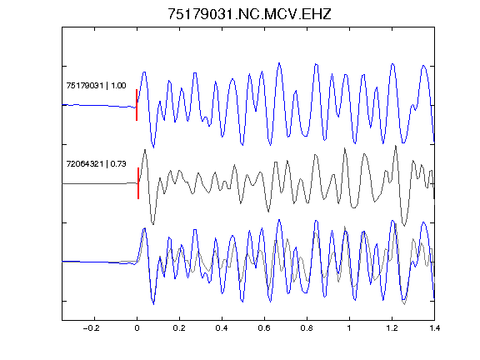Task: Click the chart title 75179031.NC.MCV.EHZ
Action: click(249, 14)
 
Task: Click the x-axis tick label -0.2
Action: click(91, 328)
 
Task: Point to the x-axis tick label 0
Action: click(137, 328)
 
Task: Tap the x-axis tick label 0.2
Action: click(179, 328)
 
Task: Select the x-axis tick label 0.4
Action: click(222, 328)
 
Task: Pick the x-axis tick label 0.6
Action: click(264, 328)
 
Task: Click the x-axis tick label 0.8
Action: click(307, 328)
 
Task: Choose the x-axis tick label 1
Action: click(349, 328)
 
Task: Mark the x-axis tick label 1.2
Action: click(392, 328)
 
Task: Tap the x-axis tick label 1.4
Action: click(434, 328)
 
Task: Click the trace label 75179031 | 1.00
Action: click(96, 85)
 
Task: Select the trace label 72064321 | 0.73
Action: click(96, 164)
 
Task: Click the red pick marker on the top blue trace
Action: click(137, 105)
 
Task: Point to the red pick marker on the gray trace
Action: click(138, 183)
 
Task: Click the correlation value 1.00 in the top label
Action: click(118, 85)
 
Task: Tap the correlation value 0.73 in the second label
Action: click(118, 164)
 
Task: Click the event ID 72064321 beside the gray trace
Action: click(85, 164)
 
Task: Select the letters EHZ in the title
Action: click(317, 14)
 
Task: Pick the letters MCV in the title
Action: click(281, 14)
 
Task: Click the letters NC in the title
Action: click(249, 14)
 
